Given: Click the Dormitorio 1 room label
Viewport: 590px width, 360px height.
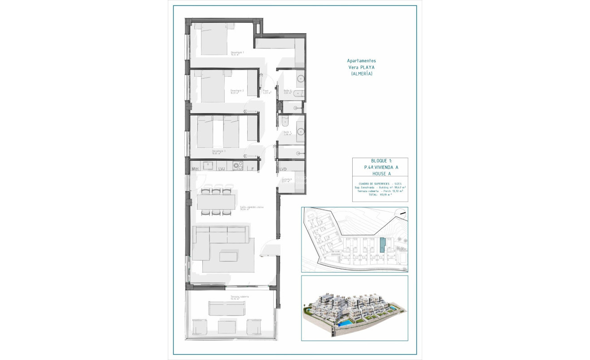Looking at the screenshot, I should coord(237,53).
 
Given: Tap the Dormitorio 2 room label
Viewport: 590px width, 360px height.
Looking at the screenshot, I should coord(237,91).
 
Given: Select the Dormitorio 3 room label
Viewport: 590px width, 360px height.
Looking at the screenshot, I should coord(219,151).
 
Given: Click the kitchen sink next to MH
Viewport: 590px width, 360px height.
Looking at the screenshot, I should coord(208,166).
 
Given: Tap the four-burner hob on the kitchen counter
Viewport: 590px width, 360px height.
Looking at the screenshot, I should coord(238,166).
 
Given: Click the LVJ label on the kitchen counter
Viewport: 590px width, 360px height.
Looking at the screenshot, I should coord(221,169).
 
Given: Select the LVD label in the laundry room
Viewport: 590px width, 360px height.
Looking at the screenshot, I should coord(283,169).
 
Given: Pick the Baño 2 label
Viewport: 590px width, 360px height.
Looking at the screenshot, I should coord(288,91).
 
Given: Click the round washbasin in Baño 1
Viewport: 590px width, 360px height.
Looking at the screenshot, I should coord(300,132).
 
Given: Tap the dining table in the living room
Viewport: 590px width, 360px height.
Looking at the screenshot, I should coord(216,202).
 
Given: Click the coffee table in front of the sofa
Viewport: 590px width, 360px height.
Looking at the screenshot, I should coord(228,256).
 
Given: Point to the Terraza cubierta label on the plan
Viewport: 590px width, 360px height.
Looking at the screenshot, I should coord(238,297).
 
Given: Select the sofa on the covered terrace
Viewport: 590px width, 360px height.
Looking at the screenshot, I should coord(227,308).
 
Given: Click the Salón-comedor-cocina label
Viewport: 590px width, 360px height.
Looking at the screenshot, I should coord(251,207).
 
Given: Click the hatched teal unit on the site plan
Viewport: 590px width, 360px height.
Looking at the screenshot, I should coord(382,246).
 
